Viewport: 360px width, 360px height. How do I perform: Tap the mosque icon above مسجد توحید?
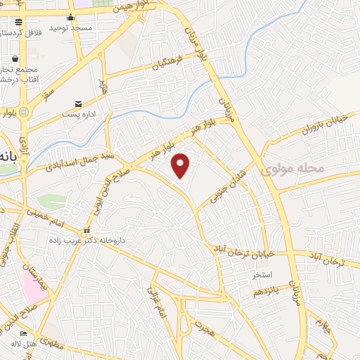coord(70,18)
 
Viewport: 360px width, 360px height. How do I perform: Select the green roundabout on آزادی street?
coord(24,112)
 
